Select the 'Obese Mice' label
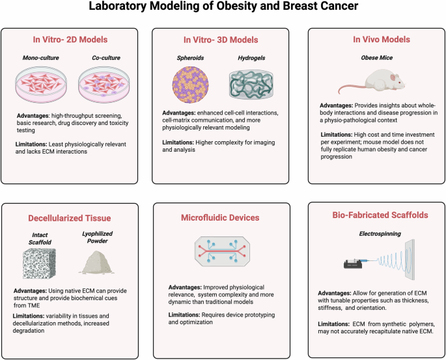[x=370, y=57]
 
